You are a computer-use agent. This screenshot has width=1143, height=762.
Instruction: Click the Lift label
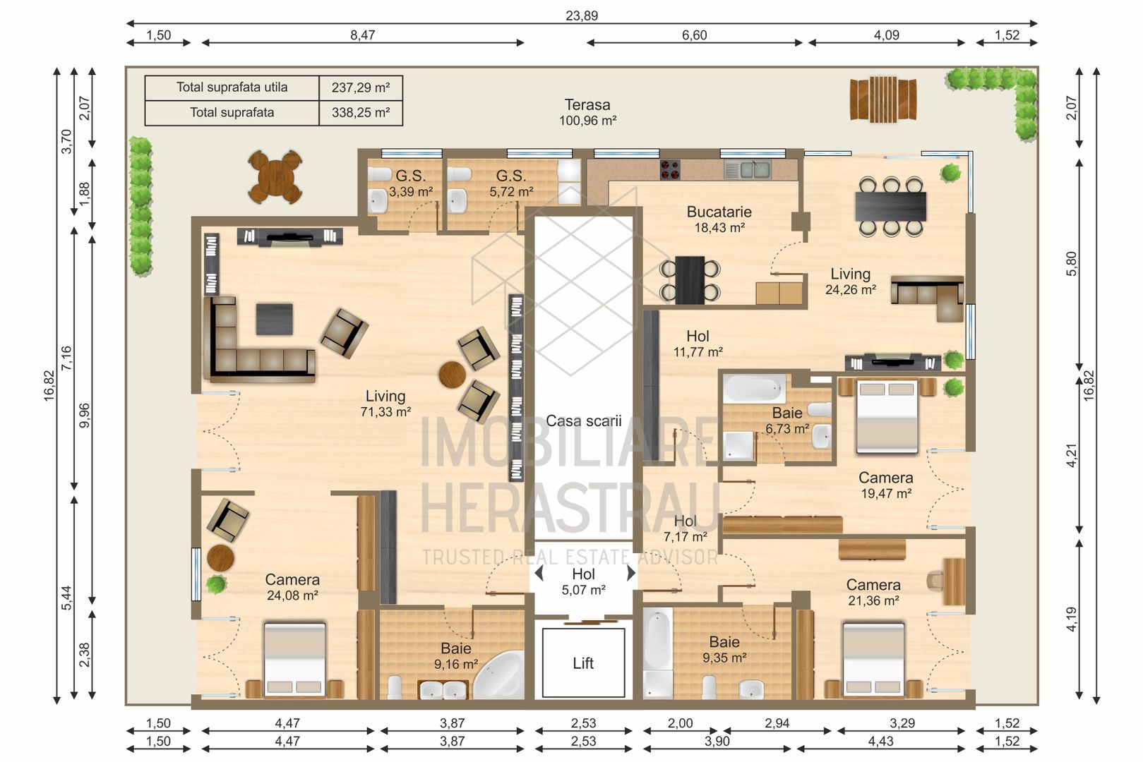tap(582, 663)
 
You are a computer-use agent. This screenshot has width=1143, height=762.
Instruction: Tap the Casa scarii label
tap(584, 421)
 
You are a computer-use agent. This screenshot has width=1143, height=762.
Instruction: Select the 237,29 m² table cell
tap(361, 87)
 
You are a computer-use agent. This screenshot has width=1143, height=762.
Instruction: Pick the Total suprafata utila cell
tap(232, 87)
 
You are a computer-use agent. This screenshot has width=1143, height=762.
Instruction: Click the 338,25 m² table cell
tap(361, 113)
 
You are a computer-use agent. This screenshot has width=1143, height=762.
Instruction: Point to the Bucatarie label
tap(719, 211)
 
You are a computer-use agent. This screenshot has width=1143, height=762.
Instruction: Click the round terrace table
tap(275, 177)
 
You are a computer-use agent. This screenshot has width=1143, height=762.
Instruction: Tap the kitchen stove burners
tap(670, 170)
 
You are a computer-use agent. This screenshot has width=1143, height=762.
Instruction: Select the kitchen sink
tap(748, 169)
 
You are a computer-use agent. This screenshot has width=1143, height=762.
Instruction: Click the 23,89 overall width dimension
tap(582, 16)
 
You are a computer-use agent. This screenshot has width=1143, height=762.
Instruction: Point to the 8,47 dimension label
tap(363, 35)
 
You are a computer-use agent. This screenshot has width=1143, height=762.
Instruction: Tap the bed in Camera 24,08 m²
tap(294, 660)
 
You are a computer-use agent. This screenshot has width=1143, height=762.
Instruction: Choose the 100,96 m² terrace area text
tap(588, 121)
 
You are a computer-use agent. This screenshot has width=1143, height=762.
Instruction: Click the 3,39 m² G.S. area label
tap(411, 193)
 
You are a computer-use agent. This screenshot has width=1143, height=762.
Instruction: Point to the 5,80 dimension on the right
tap(1072, 264)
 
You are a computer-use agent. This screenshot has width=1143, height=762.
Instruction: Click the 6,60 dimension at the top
tap(695, 35)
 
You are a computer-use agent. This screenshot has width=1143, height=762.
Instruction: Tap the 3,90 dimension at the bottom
tap(717, 741)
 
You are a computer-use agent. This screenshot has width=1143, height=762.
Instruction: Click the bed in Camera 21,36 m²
tap(873, 660)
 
